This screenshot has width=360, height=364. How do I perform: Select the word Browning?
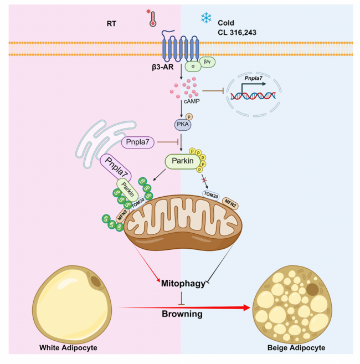(182, 314)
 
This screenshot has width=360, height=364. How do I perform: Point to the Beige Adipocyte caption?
(296, 348)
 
